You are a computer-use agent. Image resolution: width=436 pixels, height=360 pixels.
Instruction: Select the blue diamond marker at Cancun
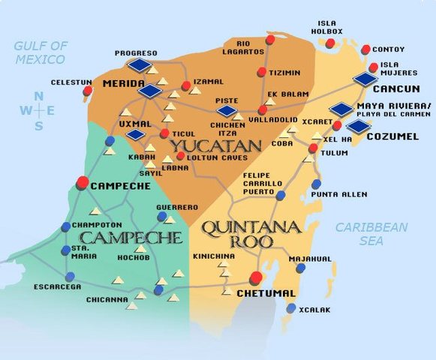coord(365,79)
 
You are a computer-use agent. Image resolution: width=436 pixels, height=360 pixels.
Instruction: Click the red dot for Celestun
coord(88,91)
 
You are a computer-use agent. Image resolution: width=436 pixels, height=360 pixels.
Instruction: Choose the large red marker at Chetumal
coord(257,278)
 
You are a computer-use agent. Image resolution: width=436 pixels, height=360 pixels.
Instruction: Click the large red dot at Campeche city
coord(83,181)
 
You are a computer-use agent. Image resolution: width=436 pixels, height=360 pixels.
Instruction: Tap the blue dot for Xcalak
coord(291,308)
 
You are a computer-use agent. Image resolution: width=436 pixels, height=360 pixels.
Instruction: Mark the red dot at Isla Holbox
coord(330,43)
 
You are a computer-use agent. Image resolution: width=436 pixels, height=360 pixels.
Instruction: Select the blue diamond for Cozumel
coord(359,125)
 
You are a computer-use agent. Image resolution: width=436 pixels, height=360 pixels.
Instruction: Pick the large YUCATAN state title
coord(214,145)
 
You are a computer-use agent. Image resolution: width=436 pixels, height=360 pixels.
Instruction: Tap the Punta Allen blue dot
coord(316,184)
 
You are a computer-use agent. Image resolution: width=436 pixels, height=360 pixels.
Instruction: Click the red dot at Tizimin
coord(261,72)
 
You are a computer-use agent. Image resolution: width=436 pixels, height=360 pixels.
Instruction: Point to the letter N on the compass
coord(38,96)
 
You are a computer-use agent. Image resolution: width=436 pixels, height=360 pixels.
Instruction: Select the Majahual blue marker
coord(300,268)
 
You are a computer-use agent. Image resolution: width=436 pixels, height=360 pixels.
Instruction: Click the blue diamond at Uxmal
coord(136,135)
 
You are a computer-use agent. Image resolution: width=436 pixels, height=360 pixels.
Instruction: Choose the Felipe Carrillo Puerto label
coord(262,183)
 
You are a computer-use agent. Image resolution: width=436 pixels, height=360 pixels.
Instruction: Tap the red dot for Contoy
coord(365,49)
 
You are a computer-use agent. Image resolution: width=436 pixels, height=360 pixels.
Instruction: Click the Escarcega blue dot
coord(70,276)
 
